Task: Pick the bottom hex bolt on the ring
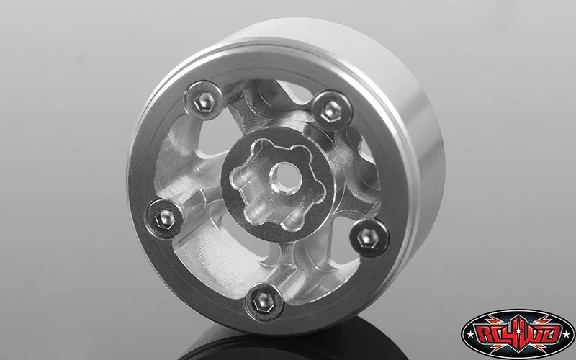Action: (x=262, y=304)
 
